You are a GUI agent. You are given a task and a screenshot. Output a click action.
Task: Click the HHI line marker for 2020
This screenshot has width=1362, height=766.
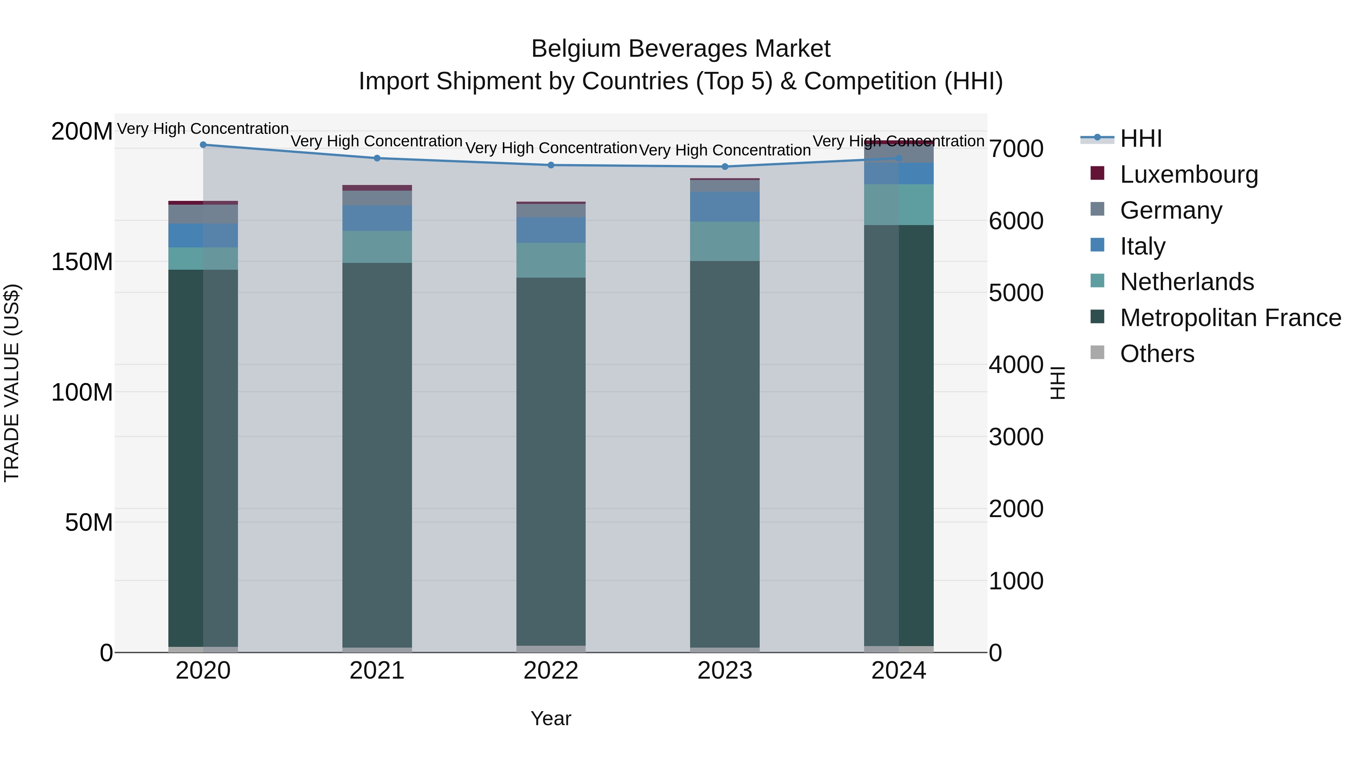pyautogui.click(x=203, y=145)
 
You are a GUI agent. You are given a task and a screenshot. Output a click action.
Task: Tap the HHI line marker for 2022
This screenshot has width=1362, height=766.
pyautogui.click(x=551, y=165)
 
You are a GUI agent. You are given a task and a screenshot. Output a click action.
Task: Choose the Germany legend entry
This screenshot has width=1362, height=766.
pyautogui.click(x=1171, y=210)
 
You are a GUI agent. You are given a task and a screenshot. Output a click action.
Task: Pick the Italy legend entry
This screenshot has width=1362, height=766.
pyautogui.click(x=1142, y=246)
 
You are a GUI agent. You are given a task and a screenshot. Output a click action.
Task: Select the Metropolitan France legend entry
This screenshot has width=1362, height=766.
pyautogui.click(x=1230, y=318)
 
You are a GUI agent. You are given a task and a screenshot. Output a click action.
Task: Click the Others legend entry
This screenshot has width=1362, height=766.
pyautogui.click(x=1157, y=354)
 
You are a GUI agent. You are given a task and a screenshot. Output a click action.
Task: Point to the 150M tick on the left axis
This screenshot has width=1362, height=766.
pyautogui.click(x=82, y=262)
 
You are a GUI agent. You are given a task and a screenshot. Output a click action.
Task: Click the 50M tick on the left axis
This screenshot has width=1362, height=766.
pyautogui.click(x=89, y=523)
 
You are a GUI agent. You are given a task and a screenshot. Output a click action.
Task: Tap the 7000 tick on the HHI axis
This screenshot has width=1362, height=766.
pyautogui.click(x=1016, y=149)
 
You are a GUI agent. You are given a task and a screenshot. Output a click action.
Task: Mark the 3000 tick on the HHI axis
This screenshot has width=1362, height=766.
pyautogui.click(x=1016, y=437)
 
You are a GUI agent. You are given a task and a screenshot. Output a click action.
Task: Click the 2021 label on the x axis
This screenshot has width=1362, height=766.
pyautogui.click(x=377, y=671)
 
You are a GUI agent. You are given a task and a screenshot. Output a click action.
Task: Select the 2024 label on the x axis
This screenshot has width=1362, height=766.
pyautogui.click(x=899, y=671)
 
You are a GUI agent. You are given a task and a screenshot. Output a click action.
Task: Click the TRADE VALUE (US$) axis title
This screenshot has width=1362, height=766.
pyautogui.click(x=12, y=383)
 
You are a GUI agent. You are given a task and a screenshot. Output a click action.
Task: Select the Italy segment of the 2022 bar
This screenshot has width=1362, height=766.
pyautogui.click(x=551, y=230)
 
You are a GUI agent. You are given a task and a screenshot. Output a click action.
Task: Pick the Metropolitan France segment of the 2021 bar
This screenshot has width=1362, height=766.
pyautogui.click(x=377, y=455)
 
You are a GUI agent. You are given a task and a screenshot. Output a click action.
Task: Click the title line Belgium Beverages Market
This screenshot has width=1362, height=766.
pyautogui.click(x=681, y=49)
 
